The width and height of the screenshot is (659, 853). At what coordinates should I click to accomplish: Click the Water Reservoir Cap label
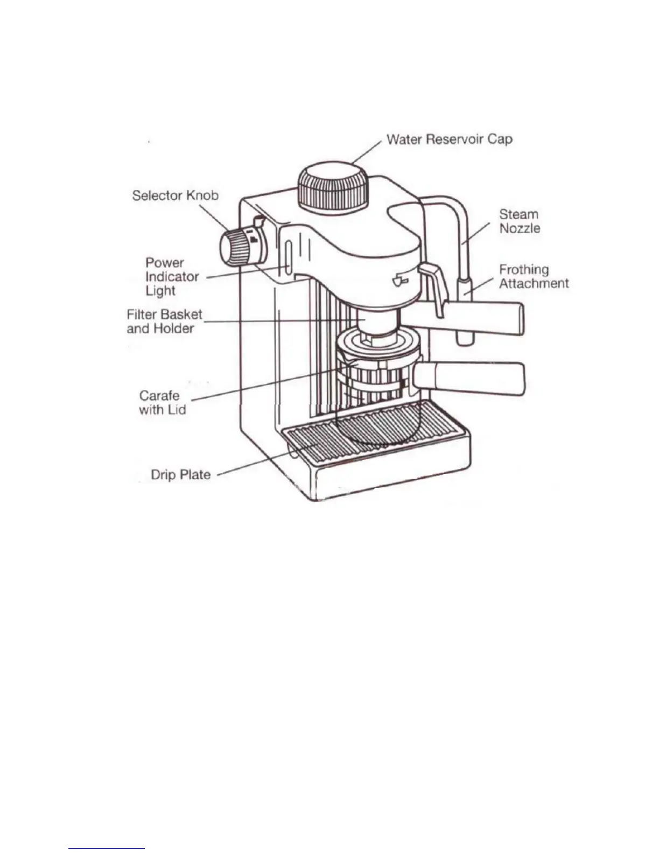tap(449, 139)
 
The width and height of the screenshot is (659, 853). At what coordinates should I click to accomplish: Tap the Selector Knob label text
tap(175, 195)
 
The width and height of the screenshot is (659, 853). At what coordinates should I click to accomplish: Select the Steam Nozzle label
tap(519, 221)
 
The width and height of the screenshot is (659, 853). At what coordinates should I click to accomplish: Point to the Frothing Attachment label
tap(533, 276)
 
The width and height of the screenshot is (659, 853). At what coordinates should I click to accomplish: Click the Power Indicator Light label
tap(172, 277)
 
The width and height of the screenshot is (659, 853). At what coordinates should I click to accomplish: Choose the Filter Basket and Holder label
tap(164, 321)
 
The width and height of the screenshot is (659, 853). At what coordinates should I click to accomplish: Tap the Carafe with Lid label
tap(162, 402)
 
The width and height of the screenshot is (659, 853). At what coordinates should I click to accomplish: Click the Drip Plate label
tap(180, 475)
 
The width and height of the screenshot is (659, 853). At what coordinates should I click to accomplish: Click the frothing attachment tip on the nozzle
tap(465, 312)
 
